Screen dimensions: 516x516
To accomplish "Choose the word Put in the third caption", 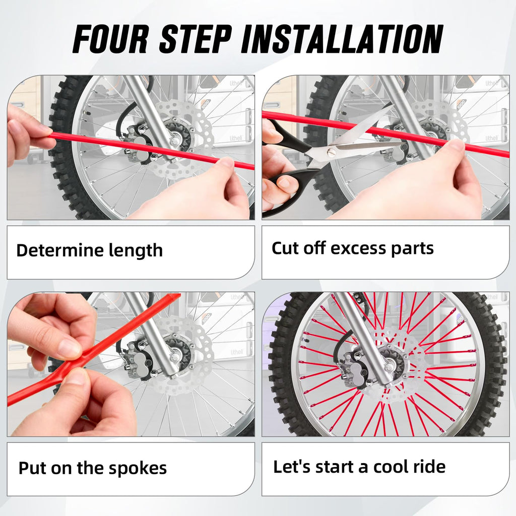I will (31, 468).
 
